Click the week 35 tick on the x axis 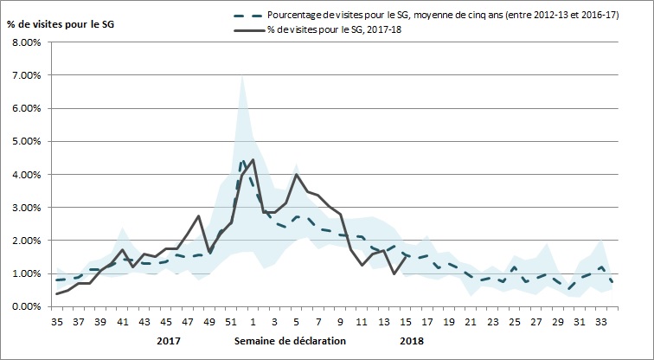click(x=58, y=322)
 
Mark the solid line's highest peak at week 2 click(x=253, y=160)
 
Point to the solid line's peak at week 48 click(x=199, y=216)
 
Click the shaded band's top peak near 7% click(x=242, y=76)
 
